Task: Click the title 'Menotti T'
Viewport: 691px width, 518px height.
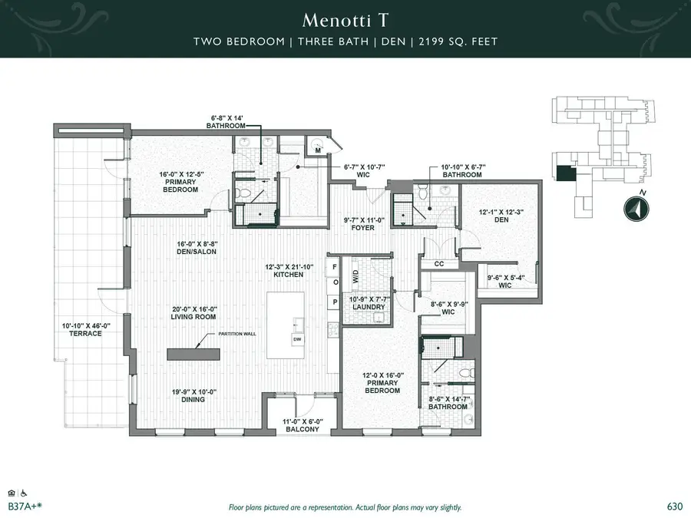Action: point(345,18)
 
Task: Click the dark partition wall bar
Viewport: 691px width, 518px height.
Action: point(194,352)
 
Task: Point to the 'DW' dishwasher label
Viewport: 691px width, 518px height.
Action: point(296,338)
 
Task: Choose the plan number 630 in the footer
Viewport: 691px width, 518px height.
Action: point(675,506)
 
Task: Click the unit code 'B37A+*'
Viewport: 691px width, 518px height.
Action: point(23,506)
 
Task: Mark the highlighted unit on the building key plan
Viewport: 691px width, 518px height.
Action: point(564,174)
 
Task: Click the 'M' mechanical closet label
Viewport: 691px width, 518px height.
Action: point(317,150)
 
